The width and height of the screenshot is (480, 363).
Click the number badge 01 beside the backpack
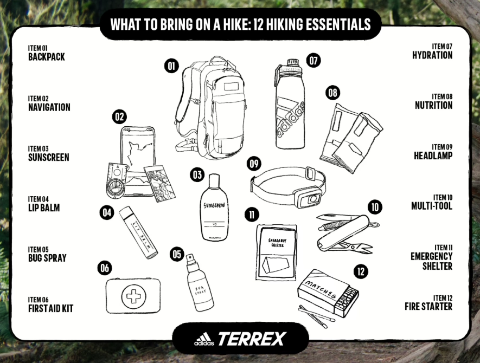(171, 66)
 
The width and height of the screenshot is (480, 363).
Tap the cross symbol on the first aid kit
(133, 296)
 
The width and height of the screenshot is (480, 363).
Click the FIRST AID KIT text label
(50, 308)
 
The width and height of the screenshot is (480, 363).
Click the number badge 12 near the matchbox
(360, 271)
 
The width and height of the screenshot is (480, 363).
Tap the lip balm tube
(138, 232)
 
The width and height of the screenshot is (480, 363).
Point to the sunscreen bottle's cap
(215, 179)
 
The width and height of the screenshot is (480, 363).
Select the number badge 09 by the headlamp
(253, 163)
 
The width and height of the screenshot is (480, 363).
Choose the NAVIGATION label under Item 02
(49, 107)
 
